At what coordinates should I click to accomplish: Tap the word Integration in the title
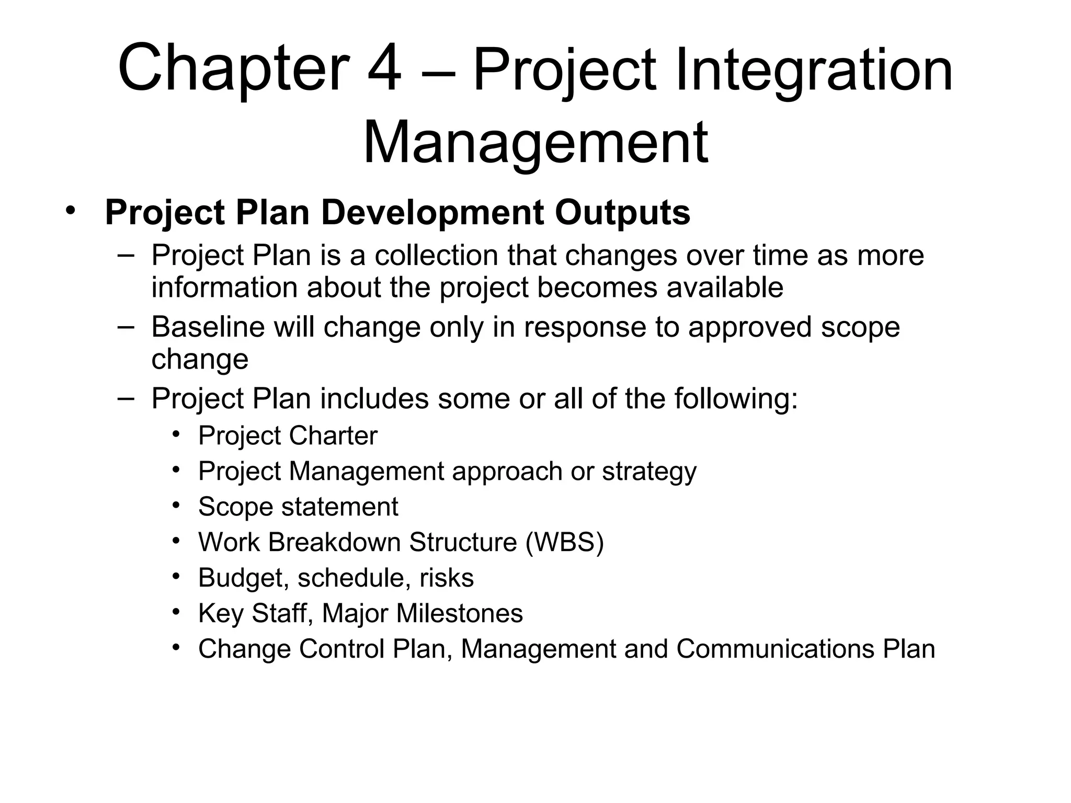coord(814,70)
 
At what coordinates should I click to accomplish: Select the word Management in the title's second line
coord(535,142)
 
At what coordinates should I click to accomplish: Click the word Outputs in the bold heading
coord(622,213)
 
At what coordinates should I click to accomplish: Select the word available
coord(725,288)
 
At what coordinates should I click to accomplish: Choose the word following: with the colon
coord(736,399)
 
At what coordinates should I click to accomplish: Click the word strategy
coord(649,472)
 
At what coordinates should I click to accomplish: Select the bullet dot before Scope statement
coord(176,506)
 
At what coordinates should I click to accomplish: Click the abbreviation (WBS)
coord(564,542)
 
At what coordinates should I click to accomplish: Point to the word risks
coord(447,578)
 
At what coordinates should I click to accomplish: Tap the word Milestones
coord(459,614)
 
